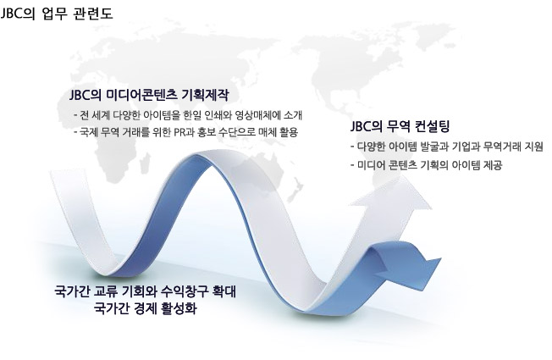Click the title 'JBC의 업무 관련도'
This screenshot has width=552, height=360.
[x=57, y=14]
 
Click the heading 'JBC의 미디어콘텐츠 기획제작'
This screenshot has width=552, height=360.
[x=149, y=95]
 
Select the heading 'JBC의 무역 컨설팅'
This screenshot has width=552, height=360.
[x=400, y=126]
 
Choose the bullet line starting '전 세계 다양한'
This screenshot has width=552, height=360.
[x=188, y=115]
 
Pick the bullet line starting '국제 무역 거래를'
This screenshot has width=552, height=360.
[x=186, y=132]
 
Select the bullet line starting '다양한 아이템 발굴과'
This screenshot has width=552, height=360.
[x=447, y=147]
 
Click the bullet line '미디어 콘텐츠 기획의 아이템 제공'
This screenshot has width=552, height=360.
[x=426, y=165]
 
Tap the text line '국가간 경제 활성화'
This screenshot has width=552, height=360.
[x=145, y=308]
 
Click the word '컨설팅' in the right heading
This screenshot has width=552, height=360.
[x=433, y=126]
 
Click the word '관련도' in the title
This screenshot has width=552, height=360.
[x=94, y=14]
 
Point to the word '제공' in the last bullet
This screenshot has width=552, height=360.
[x=493, y=165]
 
